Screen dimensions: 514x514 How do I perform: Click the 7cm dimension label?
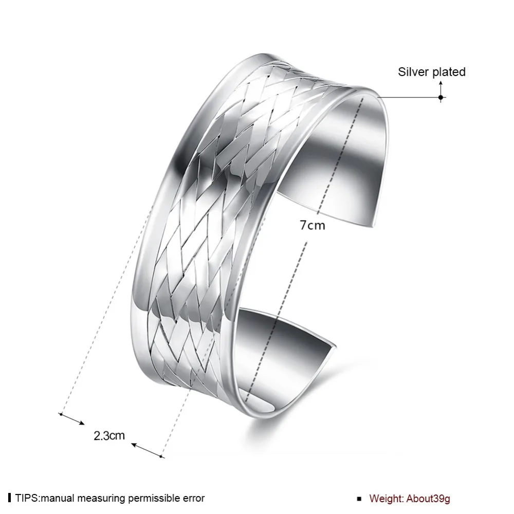pos(313,226)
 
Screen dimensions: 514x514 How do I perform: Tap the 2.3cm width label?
pos(109,436)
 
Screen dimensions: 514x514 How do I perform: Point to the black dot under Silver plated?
pos(440,97)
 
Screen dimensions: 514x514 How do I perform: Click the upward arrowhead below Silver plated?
pos(440,83)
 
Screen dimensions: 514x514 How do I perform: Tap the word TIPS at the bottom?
pos(27,498)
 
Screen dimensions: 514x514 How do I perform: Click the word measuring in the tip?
pos(102,499)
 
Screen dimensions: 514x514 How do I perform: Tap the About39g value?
pos(428,499)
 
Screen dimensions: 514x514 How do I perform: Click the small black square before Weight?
pos(359,499)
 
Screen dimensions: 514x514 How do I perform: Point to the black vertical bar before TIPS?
pos(10,498)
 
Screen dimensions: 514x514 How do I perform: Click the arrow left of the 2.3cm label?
pos(71,419)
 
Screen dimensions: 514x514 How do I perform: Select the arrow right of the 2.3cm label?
pos(148,450)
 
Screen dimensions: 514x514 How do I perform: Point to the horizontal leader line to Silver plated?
pos(409,97)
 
